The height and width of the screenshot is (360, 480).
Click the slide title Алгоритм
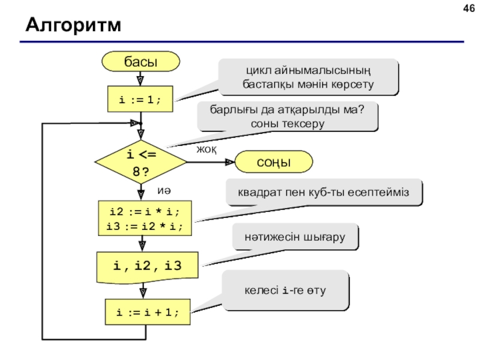[x=73, y=25]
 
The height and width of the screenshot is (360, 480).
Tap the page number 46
[x=469, y=8]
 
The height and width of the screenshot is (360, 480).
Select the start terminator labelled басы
[x=140, y=62]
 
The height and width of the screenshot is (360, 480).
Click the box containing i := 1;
[x=140, y=99]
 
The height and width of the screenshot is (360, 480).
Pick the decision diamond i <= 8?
[x=141, y=162]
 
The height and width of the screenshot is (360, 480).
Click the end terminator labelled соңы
[x=274, y=162]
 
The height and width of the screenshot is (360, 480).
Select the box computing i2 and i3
[x=145, y=218]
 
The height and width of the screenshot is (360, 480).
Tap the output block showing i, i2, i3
[x=147, y=267]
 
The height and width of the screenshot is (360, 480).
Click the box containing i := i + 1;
[x=148, y=312]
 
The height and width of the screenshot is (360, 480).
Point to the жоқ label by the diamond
[x=206, y=149]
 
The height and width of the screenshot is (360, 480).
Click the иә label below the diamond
[x=164, y=190]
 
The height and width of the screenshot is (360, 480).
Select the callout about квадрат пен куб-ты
[x=324, y=192]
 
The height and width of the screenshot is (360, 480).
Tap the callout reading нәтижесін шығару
[x=295, y=236]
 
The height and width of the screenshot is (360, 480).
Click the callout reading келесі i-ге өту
[x=286, y=290]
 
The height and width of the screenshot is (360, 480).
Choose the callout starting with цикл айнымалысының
[x=308, y=77]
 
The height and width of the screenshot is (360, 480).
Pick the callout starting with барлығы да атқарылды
[x=287, y=116]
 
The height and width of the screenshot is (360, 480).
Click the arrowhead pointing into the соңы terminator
[x=230, y=162]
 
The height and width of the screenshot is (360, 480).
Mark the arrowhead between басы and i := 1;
[x=140, y=81]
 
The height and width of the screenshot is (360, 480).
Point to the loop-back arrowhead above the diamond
[x=134, y=123]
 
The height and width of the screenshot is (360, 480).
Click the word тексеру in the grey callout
[x=303, y=124]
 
